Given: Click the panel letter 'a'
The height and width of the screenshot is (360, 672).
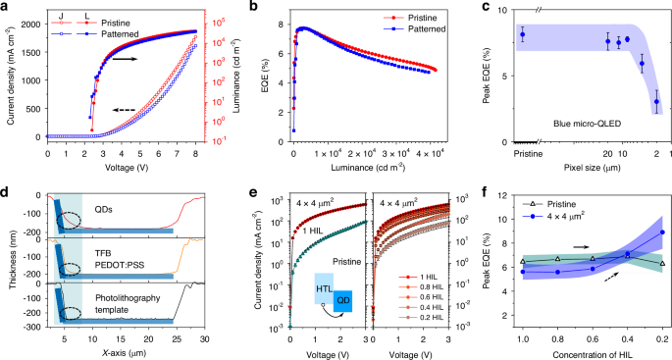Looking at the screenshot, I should coord(7,9).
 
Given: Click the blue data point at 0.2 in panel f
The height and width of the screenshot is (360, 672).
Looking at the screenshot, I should coord(662,232).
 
